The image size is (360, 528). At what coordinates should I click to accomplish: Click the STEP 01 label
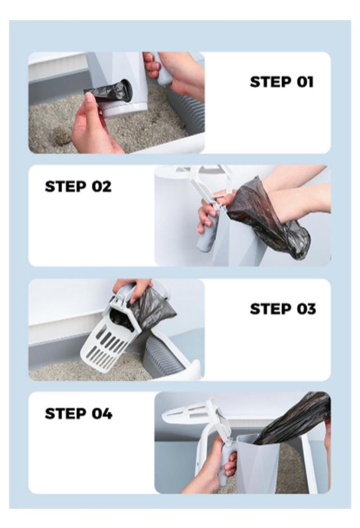coord(282,82)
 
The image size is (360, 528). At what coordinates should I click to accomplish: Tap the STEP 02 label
coord(78,186)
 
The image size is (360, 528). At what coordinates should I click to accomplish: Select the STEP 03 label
coord(283,309)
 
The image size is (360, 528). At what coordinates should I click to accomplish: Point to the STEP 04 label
coord(78,414)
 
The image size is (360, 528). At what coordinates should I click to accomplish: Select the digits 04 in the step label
coord(102,414)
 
